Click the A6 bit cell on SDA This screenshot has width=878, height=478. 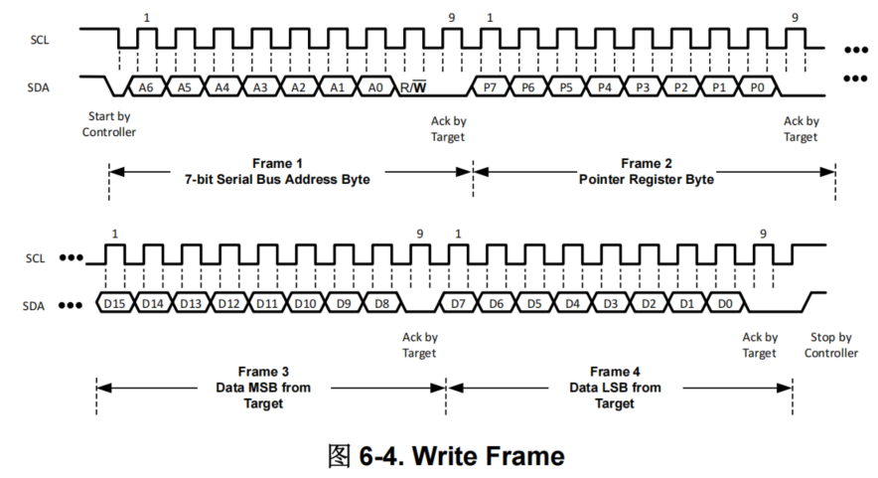[146, 87]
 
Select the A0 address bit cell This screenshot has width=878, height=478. [375, 87]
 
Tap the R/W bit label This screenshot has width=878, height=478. [413, 87]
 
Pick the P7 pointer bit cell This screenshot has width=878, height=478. [490, 87]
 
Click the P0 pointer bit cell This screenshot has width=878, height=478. [758, 87]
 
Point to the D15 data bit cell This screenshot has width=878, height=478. [114, 302]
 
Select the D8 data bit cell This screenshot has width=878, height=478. [382, 302]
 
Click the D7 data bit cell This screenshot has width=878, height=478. [458, 302]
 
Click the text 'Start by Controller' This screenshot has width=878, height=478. [109, 124]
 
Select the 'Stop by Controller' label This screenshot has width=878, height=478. [830, 345]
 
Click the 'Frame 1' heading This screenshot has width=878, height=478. [277, 163]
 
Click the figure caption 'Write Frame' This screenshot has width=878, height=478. [488, 455]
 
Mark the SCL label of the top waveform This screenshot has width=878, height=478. [38, 41]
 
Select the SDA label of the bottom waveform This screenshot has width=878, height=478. [38, 306]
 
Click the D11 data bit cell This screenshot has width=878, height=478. [267, 302]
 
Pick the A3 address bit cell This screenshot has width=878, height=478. [260, 87]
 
